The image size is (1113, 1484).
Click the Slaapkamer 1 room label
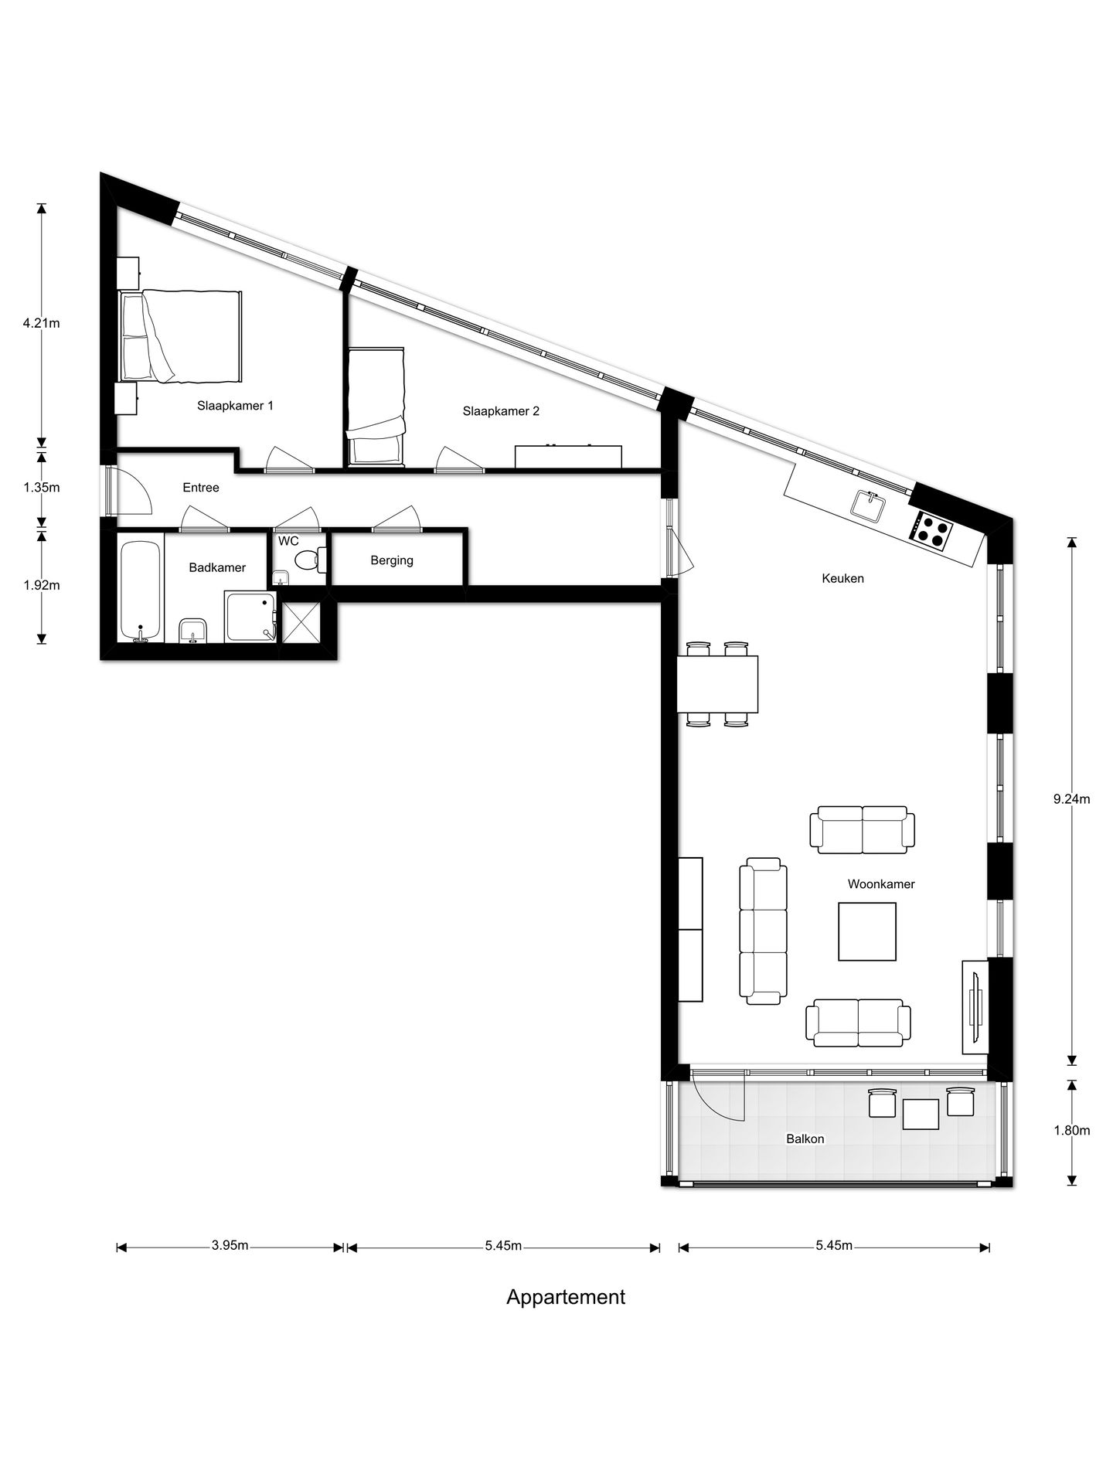tap(235, 405)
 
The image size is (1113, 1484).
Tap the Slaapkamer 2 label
tap(501, 411)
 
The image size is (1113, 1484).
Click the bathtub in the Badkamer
tap(141, 591)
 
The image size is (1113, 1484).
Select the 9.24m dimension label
tap(1071, 799)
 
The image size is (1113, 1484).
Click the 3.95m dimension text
tap(230, 1245)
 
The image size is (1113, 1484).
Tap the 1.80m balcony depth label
tap(1071, 1130)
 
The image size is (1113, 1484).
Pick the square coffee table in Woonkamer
tap(867, 931)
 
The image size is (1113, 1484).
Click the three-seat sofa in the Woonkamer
tap(763, 931)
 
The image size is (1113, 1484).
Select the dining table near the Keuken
tap(717, 684)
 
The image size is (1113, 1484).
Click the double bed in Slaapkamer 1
tap(182, 336)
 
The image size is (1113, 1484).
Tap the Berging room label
tap(392, 560)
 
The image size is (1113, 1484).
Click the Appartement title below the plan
tap(565, 1297)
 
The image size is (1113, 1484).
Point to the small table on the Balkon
tap(921, 1114)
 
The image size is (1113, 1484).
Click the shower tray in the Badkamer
tap(250, 616)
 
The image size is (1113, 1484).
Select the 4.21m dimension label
tap(41, 323)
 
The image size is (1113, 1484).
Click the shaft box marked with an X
tap(301, 623)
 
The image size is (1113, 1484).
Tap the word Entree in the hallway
tap(201, 488)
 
